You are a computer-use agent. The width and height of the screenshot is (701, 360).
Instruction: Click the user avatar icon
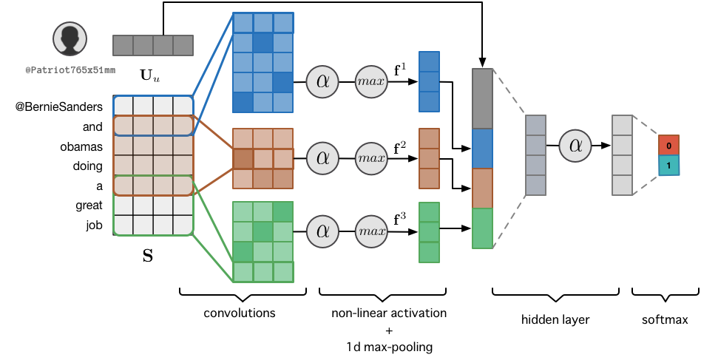[70, 38]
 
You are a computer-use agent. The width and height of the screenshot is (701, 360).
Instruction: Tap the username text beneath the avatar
[70, 70]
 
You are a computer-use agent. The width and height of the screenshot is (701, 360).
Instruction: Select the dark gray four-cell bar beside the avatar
[153, 45]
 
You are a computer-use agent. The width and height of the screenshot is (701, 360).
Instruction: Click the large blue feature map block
[263, 62]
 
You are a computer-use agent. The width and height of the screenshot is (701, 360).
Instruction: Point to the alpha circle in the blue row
[322, 81]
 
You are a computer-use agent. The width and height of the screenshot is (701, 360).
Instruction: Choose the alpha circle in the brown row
[322, 158]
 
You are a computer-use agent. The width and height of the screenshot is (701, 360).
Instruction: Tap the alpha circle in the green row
[322, 231]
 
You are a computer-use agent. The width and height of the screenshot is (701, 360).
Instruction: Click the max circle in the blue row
[371, 81]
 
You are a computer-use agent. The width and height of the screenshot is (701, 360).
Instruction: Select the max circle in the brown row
[371, 158]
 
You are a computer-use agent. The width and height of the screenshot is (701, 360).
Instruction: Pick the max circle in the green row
[371, 231]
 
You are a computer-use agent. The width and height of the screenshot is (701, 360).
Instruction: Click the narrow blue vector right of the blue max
[429, 81]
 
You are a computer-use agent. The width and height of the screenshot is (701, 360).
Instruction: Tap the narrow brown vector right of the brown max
[429, 158]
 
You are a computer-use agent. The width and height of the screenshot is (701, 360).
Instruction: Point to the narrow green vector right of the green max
[429, 232]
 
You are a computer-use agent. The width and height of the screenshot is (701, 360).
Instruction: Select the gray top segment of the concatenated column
[482, 99]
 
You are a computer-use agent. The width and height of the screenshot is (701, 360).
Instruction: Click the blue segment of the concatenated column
[482, 149]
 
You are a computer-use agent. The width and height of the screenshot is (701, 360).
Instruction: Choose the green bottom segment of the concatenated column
[482, 228]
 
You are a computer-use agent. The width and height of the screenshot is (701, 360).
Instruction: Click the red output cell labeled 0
[668, 145]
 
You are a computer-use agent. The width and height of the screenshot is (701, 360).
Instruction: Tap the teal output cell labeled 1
[668, 166]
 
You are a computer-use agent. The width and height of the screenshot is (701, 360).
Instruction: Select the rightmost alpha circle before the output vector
[575, 146]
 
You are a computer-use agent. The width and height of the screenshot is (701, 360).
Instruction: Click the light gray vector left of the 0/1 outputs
[622, 155]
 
